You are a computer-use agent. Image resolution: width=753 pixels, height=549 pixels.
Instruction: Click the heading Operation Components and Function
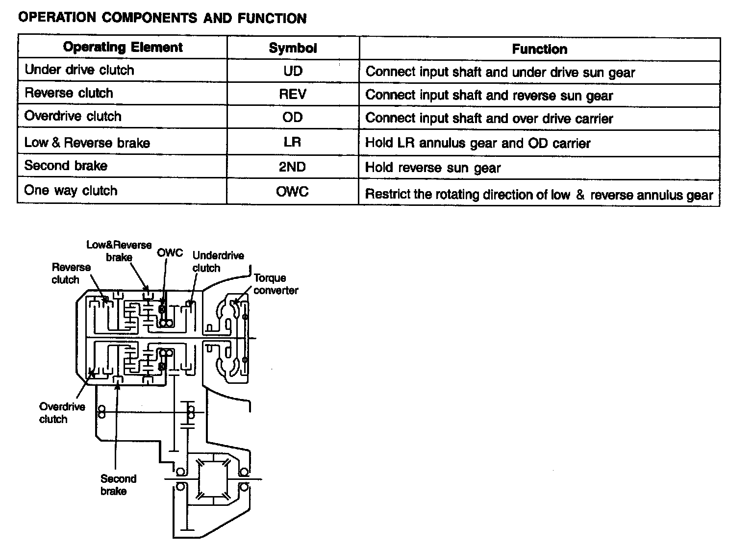point(162,18)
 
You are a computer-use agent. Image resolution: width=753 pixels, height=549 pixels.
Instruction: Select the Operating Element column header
point(123,48)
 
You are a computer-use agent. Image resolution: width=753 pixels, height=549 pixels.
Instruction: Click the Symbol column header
point(293,48)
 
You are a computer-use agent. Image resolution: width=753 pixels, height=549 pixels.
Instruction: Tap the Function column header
point(539,49)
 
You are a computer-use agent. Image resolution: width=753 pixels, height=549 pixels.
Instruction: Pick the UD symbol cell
point(293,71)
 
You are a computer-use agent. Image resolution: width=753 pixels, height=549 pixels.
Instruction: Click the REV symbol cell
point(293,94)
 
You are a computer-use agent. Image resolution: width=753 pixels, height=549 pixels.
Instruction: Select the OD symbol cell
point(293,117)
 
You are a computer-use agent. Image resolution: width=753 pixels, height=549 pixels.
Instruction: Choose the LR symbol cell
point(293,142)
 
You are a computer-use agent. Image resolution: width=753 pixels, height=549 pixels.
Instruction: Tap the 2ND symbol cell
point(293,167)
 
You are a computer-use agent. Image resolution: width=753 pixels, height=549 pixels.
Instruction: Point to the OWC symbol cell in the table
point(293,191)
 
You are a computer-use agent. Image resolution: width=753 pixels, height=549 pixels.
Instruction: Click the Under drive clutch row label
point(79,70)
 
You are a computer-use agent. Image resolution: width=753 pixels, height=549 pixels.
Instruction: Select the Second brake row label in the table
point(66,166)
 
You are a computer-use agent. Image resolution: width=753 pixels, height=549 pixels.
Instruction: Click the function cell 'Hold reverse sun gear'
point(433,168)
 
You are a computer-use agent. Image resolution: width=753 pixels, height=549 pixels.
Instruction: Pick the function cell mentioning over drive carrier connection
point(489,119)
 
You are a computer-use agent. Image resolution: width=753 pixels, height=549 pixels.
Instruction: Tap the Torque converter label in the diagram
point(276,284)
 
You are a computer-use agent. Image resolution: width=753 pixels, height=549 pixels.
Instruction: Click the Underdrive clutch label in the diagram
point(218,262)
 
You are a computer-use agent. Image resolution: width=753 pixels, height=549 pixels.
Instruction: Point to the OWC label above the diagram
point(170,253)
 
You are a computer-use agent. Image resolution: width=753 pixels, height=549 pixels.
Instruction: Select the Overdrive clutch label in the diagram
point(62,413)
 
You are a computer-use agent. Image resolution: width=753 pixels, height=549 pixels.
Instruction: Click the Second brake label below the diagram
point(118,485)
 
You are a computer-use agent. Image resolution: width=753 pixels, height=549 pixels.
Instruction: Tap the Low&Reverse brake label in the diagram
point(119,251)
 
